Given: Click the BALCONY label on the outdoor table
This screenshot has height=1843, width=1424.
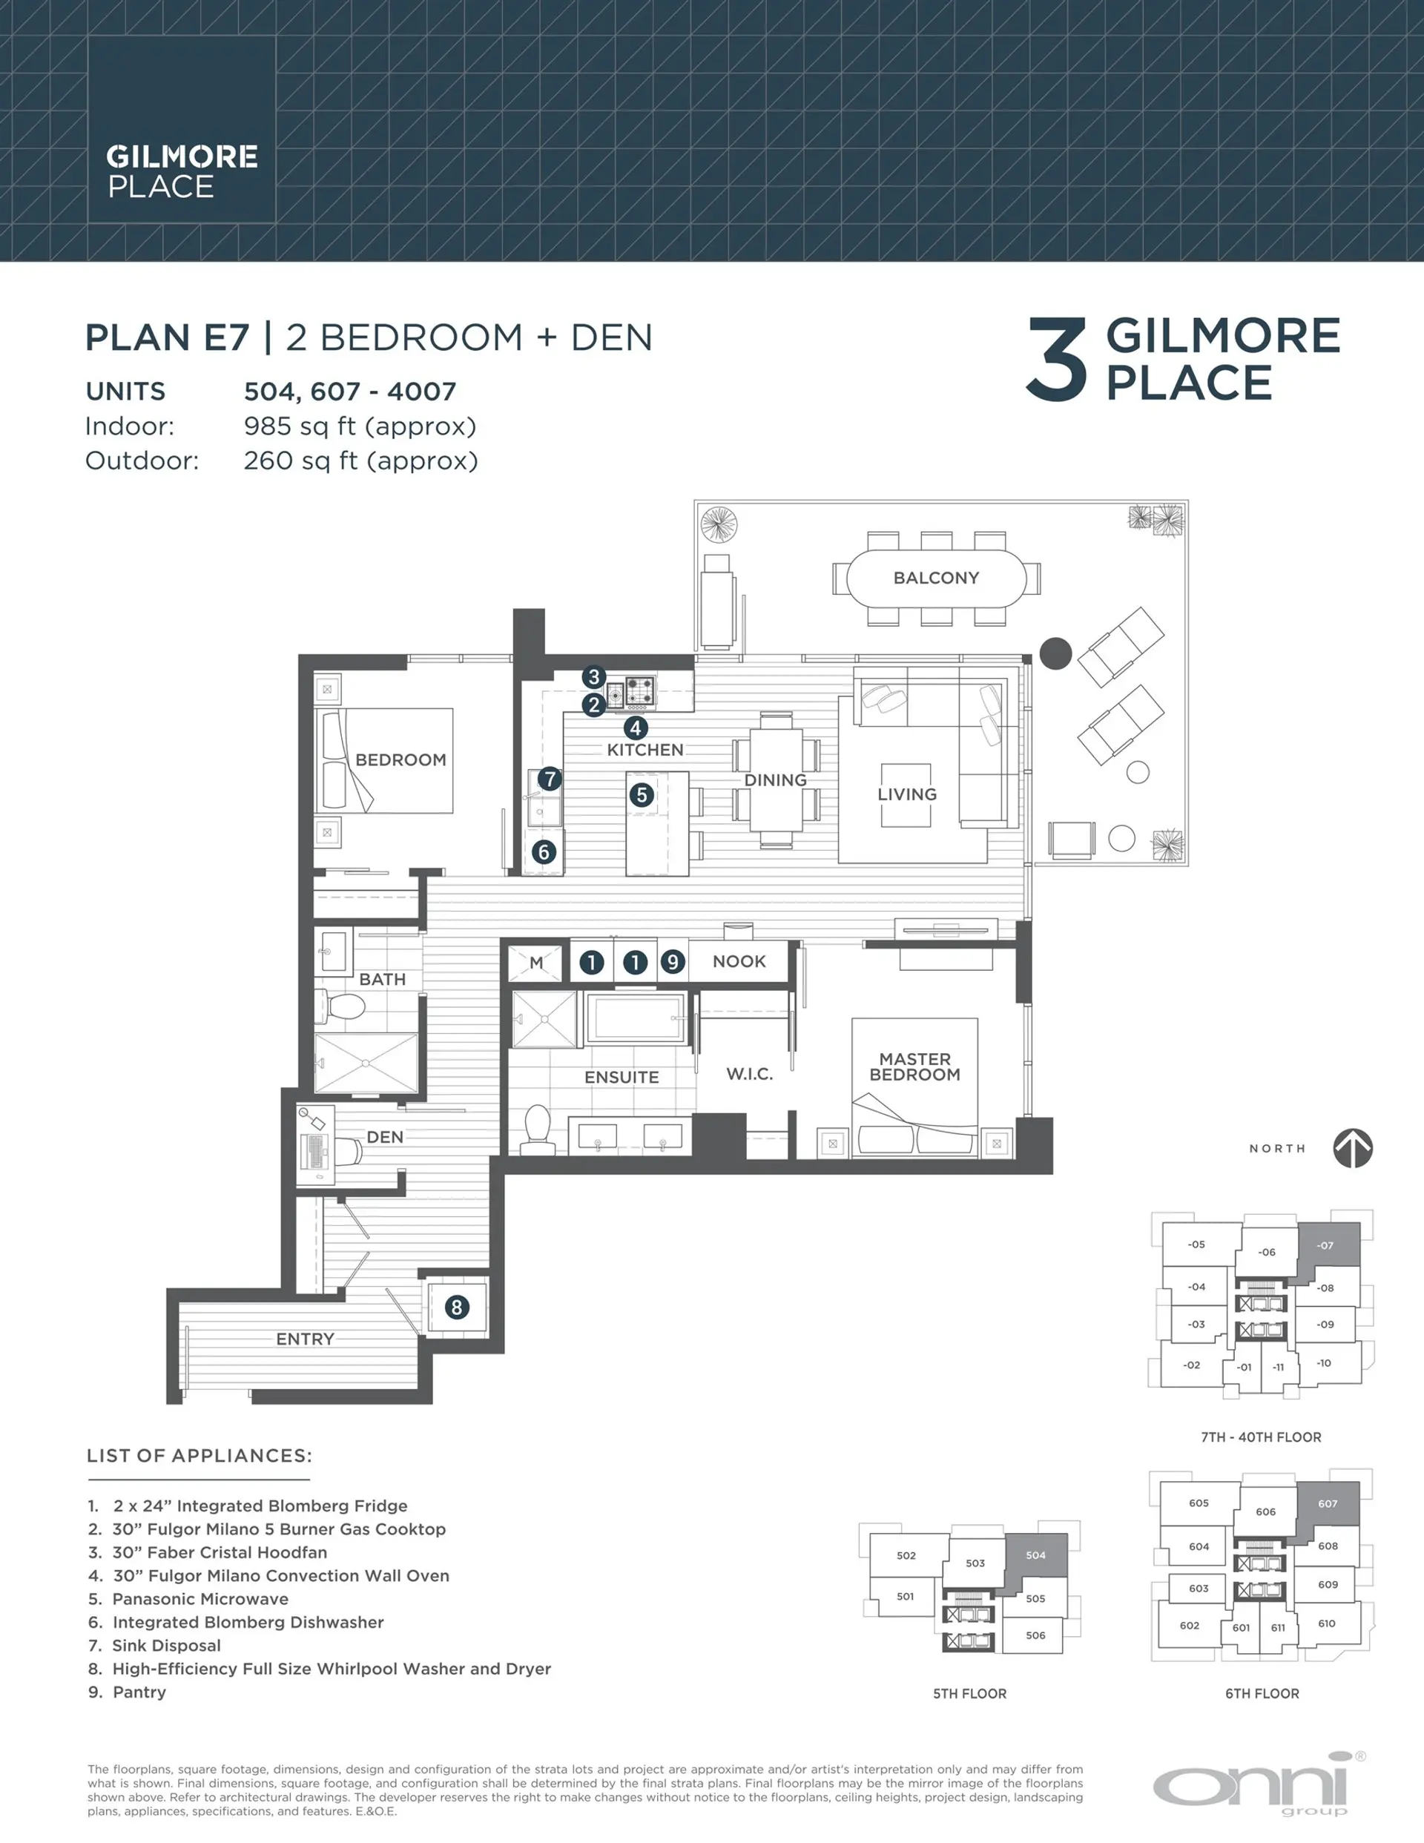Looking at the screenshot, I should tap(936, 578).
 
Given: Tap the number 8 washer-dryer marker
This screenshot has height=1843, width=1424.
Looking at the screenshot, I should tap(457, 1307).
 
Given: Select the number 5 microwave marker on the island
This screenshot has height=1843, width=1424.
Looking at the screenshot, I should tap(642, 794).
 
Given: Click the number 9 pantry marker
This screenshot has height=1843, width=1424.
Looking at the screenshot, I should tap(673, 962).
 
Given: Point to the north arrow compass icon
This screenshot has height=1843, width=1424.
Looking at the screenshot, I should tap(1352, 1149).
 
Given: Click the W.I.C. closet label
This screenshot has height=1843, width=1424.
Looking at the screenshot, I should tap(750, 1074).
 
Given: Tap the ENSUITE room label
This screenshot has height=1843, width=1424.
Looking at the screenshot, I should tap(622, 1077).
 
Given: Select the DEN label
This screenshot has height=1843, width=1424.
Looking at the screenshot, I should tap(385, 1137).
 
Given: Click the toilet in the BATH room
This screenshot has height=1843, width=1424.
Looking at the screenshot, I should tap(344, 1006).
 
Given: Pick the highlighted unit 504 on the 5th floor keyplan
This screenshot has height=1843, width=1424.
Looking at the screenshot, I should tap(1035, 1555).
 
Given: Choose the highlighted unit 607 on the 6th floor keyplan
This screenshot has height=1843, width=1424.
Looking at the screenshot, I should tap(1328, 1504).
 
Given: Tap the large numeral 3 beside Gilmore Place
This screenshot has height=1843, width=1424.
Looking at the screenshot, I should tap(1056, 360).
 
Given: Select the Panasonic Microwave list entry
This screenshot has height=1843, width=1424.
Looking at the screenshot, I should tap(200, 1599).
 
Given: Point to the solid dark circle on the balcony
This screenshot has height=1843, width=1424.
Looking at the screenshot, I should tap(1055, 653).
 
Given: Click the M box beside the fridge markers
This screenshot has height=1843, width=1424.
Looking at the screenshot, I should tap(536, 962).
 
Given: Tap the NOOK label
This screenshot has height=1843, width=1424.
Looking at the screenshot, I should tap(739, 961).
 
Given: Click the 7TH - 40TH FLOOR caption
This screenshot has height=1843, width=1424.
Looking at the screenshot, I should tap(1261, 1437).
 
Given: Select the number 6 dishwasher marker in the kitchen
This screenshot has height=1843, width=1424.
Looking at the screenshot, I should tap(544, 851).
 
